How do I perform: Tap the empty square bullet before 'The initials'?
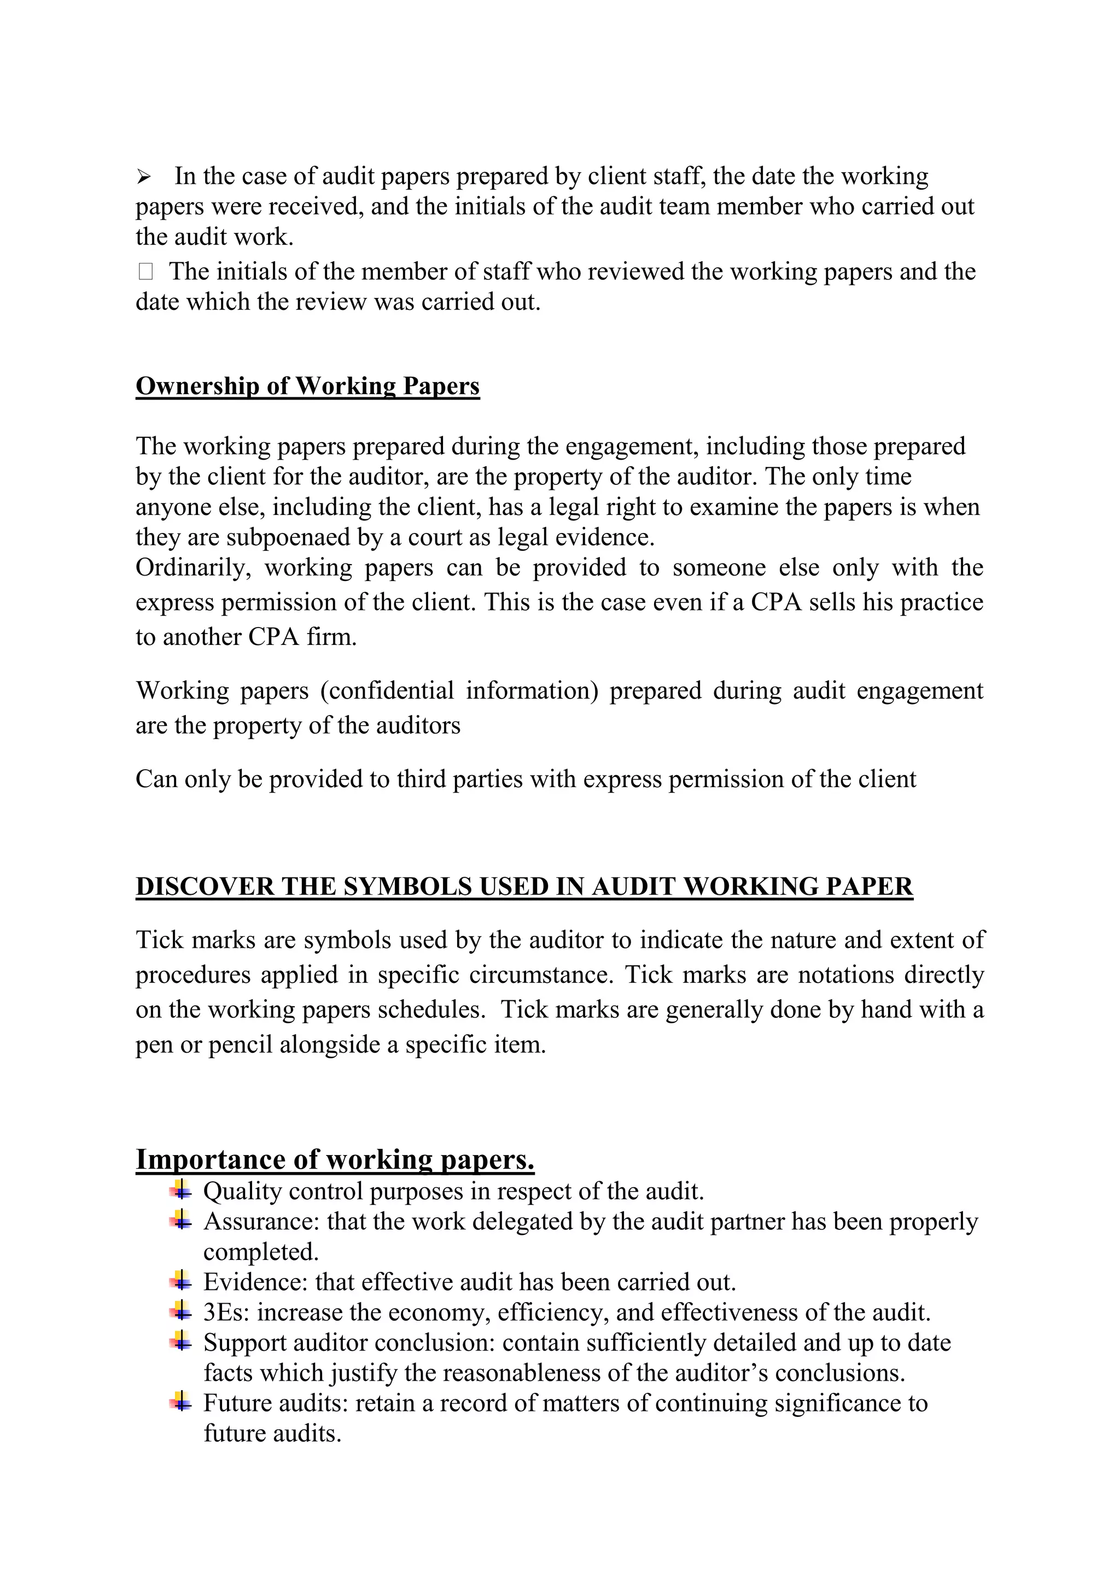click(x=145, y=272)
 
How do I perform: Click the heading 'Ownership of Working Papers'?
click(x=307, y=386)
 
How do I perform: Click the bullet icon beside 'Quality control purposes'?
click(x=180, y=1189)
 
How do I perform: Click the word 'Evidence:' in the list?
click(x=255, y=1282)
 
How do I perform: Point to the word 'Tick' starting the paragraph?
click(x=159, y=940)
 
